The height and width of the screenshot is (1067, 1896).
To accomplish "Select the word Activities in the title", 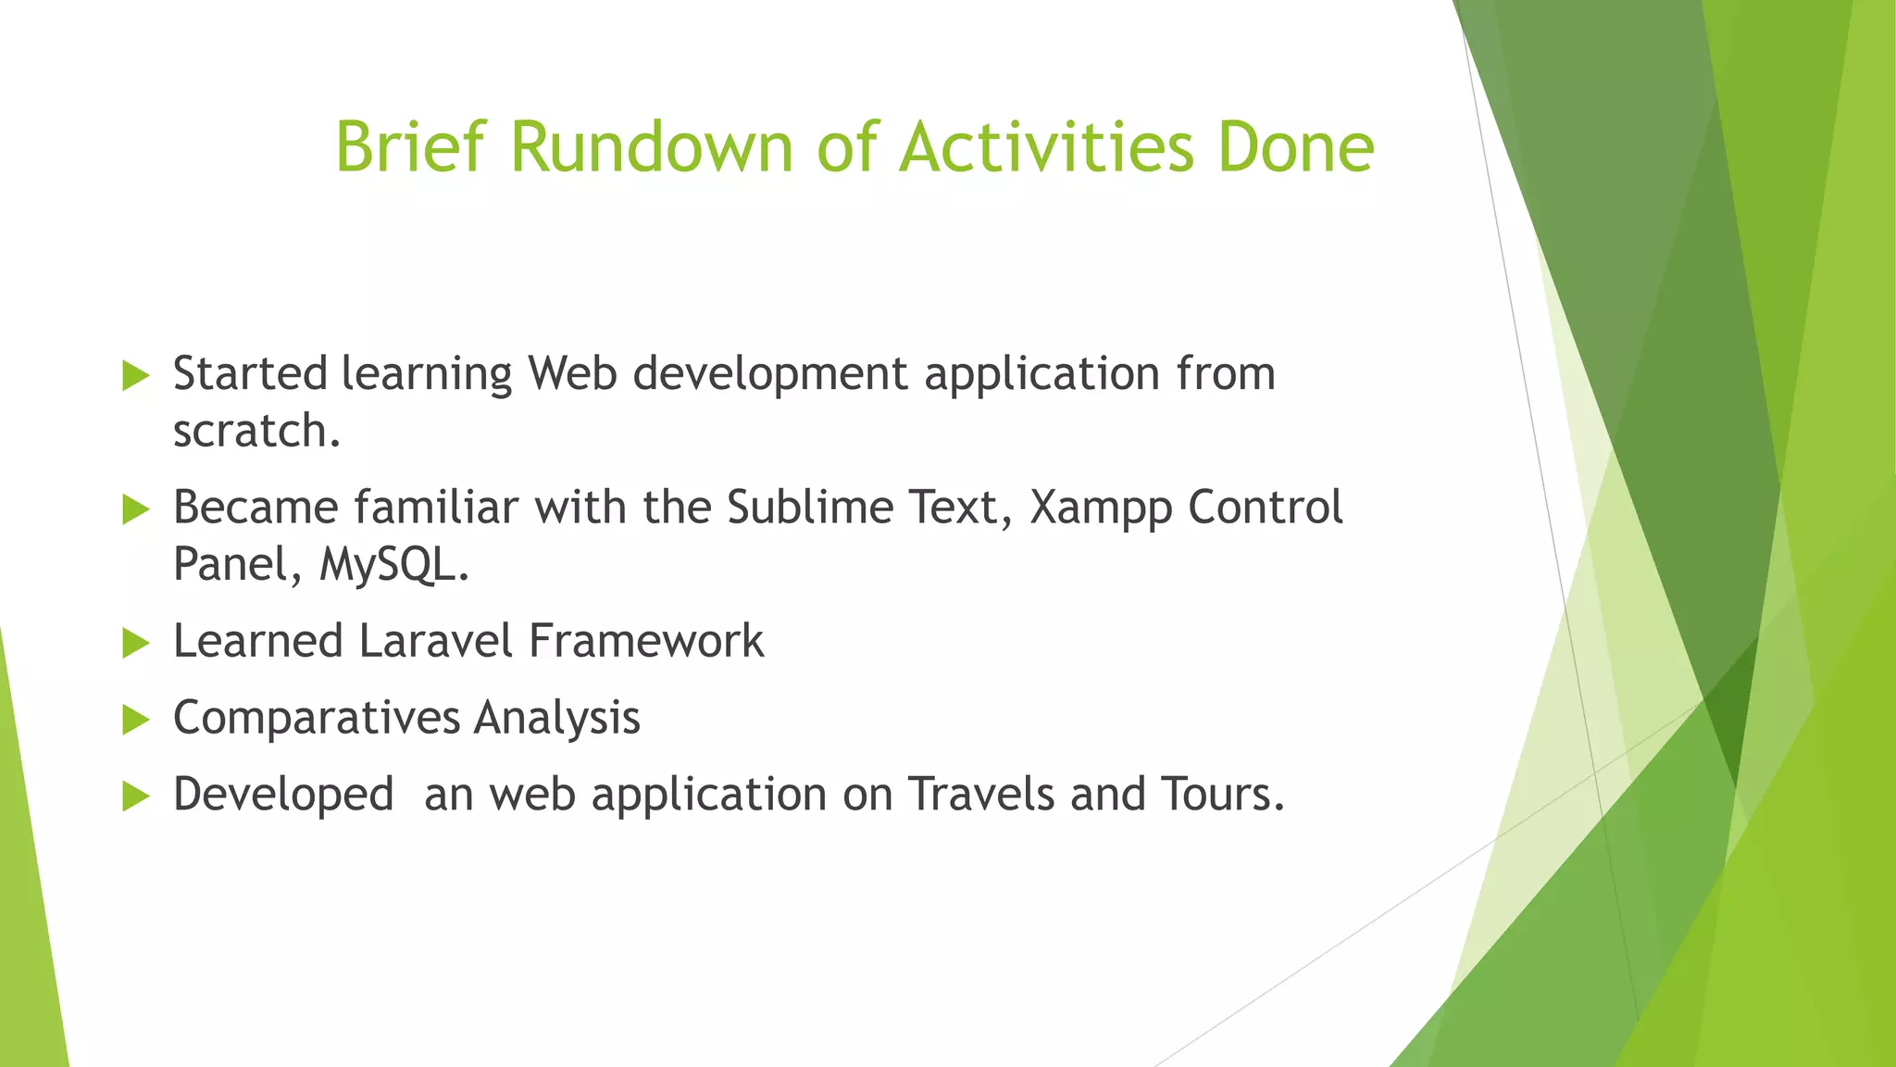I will click(x=1047, y=147).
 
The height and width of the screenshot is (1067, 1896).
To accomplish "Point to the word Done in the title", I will click(x=1295, y=147).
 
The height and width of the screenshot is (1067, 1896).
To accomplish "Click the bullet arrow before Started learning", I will click(x=135, y=376).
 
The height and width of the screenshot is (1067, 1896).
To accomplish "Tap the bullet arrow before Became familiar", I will click(x=135, y=509).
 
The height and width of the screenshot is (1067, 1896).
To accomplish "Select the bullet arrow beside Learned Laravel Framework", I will click(x=135, y=643).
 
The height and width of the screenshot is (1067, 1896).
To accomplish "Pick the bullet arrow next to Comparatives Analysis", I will click(x=135, y=720).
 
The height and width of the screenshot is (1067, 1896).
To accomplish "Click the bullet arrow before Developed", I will click(x=135, y=797).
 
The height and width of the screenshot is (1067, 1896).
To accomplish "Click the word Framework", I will click(x=646, y=641).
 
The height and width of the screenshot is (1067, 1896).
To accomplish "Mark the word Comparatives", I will click(x=317, y=719).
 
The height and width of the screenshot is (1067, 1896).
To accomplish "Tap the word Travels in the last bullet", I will click(x=980, y=795).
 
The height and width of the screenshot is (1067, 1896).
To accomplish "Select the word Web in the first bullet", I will click(x=572, y=374).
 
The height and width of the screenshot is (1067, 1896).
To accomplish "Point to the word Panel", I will click(x=231, y=564).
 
